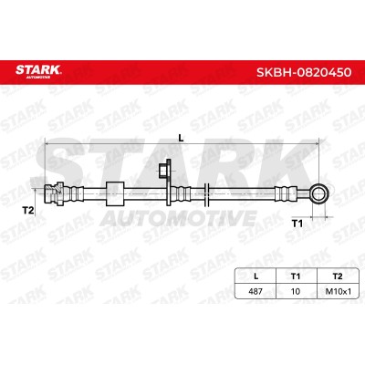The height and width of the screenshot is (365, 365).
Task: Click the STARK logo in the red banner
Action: click(x=38, y=71)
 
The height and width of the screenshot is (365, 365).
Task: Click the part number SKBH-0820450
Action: click(x=304, y=72)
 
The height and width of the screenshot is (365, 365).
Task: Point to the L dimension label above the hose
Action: click(x=181, y=138)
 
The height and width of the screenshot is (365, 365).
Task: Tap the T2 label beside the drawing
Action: click(x=28, y=210)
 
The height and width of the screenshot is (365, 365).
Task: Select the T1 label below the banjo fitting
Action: click(x=297, y=224)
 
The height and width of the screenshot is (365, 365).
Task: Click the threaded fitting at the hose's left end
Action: click(x=54, y=193)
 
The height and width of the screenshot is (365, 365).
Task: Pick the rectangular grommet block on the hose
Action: click(x=115, y=193)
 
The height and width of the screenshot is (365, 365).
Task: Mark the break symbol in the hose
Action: click(x=206, y=193)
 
